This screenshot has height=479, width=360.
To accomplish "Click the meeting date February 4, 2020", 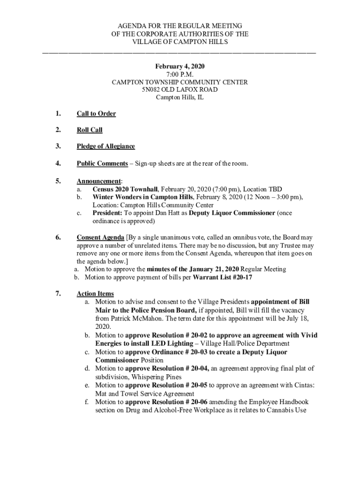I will [180, 66].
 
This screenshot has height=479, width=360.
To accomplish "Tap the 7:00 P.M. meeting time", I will [180, 74].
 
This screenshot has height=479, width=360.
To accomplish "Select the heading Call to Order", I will [96, 114].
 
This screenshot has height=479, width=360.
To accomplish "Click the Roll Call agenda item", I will [89, 130].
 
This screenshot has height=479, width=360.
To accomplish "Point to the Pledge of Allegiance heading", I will [106, 146].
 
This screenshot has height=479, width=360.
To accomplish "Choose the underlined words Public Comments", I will [102, 163].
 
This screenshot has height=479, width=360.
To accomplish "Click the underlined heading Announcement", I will [98, 181].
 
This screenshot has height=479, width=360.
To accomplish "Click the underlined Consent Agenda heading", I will [100, 237].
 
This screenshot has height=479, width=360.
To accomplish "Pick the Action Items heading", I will [95, 294].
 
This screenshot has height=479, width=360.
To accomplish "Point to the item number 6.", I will [57, 237].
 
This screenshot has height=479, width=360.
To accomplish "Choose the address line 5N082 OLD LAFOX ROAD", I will [180, 90].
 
